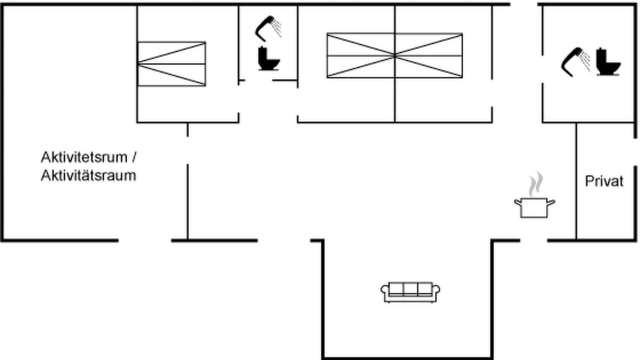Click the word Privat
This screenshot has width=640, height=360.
pos(604,181)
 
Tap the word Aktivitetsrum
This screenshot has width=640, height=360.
pos(84,157)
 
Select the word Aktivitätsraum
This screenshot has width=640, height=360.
pos(88,175)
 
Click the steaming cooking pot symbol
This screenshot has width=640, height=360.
pos(534,207)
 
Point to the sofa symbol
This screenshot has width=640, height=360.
pos(410,292)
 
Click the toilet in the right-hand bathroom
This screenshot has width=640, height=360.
pos(608,61)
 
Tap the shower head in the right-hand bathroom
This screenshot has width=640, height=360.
pos(572,61)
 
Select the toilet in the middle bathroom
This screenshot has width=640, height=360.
pos(268,58)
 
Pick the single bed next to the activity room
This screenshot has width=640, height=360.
pos(171,64)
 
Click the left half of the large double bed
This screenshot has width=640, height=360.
pos(361,55)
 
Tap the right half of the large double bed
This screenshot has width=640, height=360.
pos(428,55)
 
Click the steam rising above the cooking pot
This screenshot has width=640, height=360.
pos(535,184)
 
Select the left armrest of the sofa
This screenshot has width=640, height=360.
pos(384,290)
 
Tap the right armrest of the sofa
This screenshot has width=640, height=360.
pos(436,290)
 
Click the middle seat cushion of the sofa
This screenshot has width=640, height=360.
pos(410,288)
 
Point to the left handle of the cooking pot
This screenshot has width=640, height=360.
pos(518,202)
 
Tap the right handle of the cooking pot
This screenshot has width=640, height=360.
pos(551,202)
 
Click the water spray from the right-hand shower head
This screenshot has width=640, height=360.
pos(585,60)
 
